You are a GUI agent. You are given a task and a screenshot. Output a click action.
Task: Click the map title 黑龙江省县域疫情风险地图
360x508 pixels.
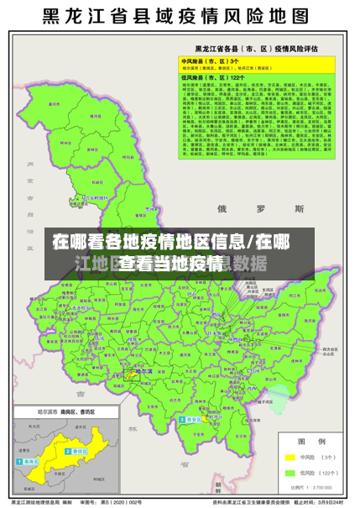coord(180,17)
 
